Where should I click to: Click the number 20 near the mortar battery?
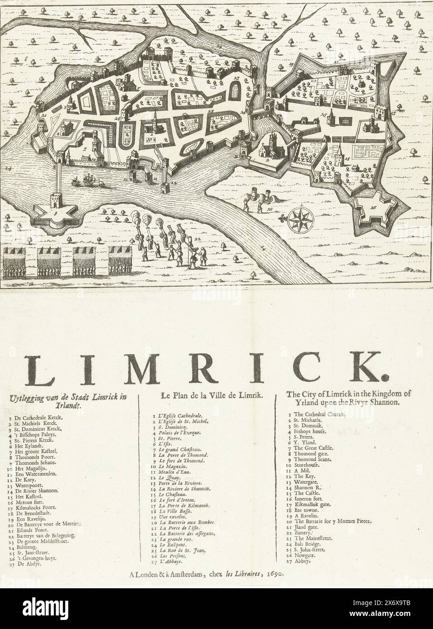click(269, 210)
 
